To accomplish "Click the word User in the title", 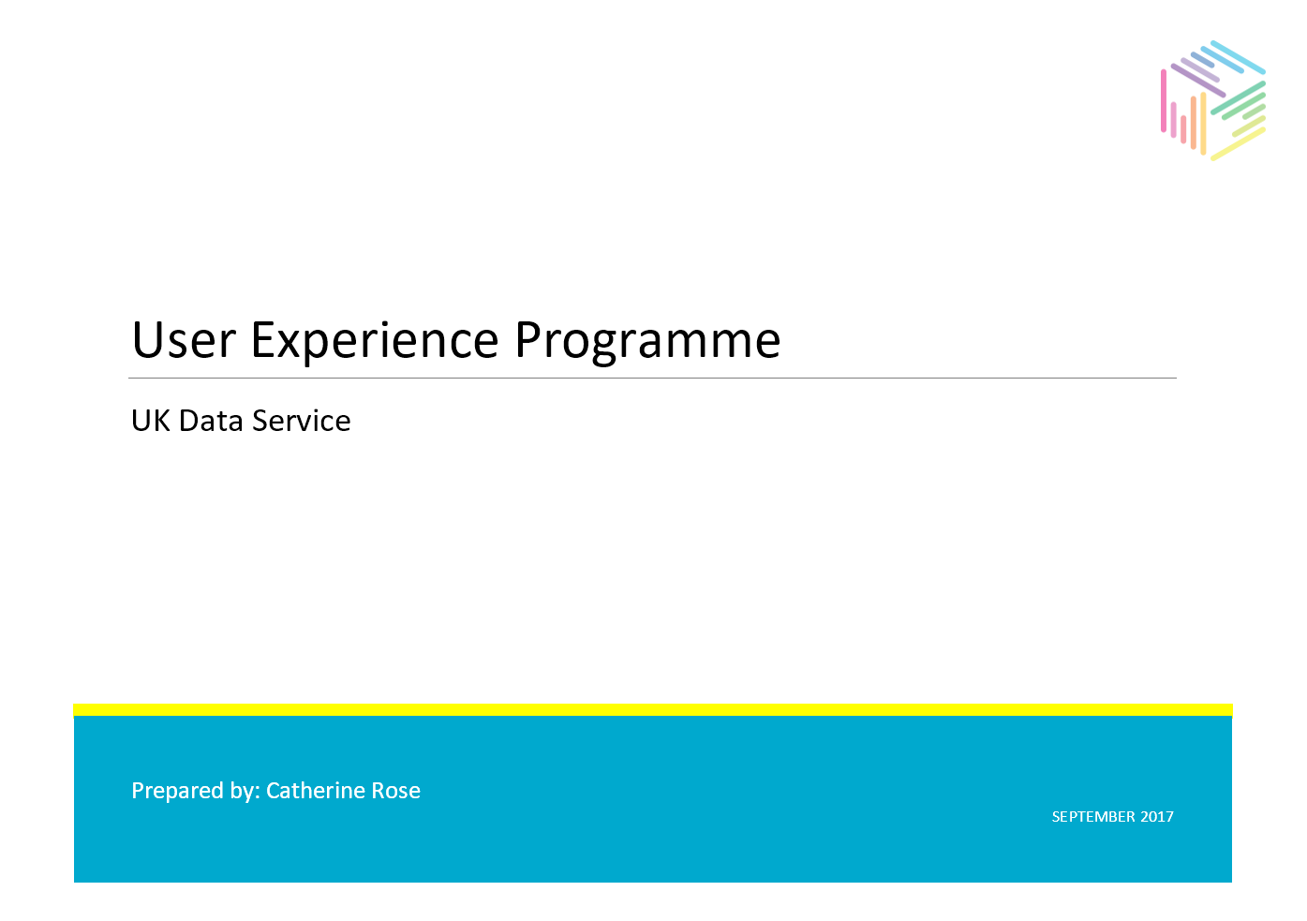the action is [x=184, y=340].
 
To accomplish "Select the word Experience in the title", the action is [x=375, y=344].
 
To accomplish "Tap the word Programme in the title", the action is [x=647, y=344].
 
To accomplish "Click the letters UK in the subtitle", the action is [x=151, y=421].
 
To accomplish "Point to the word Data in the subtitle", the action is [x=211, y=421].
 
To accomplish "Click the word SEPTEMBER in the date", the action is [x=1092, y=816].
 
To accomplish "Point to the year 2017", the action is [x=1156, y=816].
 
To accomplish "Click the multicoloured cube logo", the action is [x=1213, y=101].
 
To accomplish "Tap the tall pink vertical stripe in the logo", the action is [x=1164, y=100].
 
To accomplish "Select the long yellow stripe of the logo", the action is [x=1239, y=143].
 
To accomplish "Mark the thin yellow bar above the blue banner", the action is [x=653, y=709].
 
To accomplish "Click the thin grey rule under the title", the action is [x=652, y=379].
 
